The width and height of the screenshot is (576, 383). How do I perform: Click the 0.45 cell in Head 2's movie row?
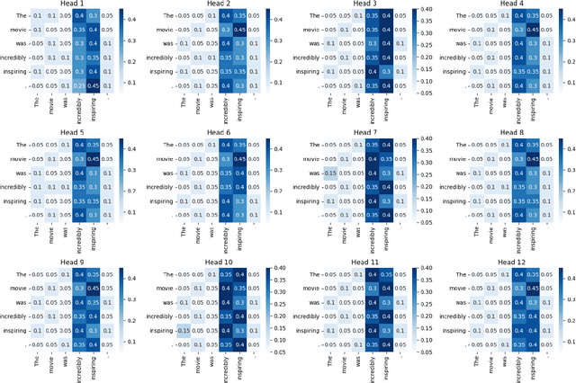[238, 30]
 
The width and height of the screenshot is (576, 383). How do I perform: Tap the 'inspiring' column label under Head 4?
[528, 110]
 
